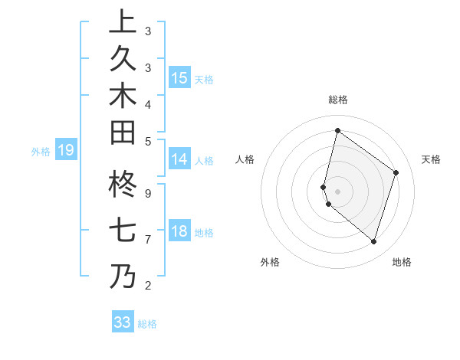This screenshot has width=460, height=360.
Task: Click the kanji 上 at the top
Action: [123, 22]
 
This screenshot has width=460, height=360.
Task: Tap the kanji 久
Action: [123, 59]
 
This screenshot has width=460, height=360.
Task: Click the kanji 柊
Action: [123, 187]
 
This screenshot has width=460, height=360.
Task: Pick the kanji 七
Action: [123, 231]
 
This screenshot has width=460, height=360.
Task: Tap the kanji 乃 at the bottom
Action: [123, 276]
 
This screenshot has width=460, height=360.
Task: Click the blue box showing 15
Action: [179, 78]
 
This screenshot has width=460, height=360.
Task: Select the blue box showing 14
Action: [179, 159]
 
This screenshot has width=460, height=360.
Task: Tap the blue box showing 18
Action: [179, 231]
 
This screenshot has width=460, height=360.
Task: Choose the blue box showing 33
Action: [123, 322]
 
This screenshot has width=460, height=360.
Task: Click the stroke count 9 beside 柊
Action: [147, 193]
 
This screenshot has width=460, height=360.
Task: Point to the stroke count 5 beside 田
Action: [147, 141]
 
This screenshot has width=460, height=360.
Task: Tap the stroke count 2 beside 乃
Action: [147, 286]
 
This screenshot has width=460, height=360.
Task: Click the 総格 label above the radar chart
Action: [337, 100]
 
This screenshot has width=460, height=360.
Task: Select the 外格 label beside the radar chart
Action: [270, 262]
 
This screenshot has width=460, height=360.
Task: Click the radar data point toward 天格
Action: [396, 172]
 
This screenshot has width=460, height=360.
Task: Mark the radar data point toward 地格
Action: [373, 241]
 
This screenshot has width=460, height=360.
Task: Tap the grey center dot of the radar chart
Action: [337, 191]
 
